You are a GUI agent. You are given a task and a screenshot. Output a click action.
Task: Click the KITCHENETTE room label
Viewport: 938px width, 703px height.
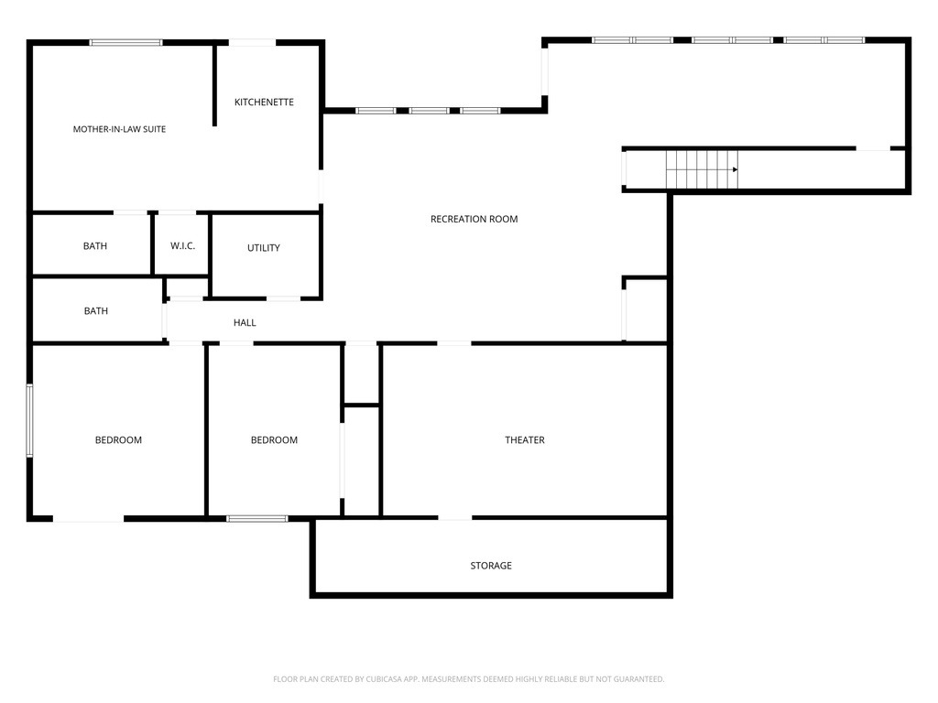coord(264,103)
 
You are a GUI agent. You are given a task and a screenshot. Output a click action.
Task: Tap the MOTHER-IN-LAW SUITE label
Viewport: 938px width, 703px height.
coord(119,129)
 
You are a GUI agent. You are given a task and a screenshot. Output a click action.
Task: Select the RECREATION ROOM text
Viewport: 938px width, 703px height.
coord(474,220)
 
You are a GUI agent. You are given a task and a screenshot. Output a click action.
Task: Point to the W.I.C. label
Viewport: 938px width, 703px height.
coord(182,245)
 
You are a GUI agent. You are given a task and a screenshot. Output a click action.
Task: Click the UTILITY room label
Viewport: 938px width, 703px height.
coord(263,248)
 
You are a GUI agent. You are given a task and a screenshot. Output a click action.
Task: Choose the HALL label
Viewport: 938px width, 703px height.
coord(244,323)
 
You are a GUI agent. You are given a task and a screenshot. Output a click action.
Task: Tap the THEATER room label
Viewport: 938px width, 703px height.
coord(525,440)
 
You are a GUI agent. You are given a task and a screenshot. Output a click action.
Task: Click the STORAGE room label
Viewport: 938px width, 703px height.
coord(491,566)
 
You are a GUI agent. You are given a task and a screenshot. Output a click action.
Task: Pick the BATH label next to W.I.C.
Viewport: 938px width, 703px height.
coord(95,245)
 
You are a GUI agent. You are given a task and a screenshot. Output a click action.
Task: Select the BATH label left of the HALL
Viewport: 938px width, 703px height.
coord(95,311)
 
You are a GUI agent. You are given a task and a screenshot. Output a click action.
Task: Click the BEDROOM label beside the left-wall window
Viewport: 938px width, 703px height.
coord(118,440)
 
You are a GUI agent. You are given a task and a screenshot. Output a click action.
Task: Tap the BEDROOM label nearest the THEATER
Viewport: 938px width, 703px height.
coord(274,440)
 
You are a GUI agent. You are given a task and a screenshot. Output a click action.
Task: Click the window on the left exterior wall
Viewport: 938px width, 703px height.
coord(29,421)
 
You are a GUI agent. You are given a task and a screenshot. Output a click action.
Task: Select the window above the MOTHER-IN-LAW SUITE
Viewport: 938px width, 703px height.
coord(125,42)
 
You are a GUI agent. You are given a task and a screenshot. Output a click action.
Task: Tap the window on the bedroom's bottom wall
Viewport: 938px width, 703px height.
coord(257,518)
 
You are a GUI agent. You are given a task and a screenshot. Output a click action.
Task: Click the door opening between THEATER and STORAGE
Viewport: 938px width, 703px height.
coord(454,518)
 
